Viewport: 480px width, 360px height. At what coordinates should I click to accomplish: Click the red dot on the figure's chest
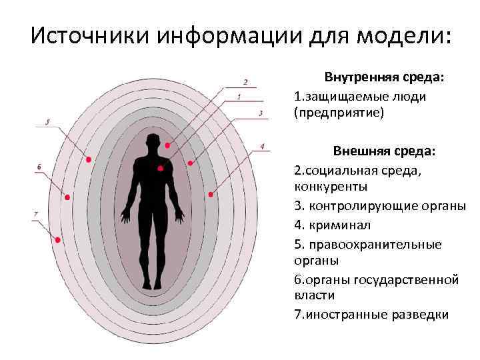[160, 168]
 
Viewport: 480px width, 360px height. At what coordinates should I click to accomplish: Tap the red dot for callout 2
[167, 145]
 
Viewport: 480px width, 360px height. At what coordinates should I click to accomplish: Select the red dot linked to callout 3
[190, 163]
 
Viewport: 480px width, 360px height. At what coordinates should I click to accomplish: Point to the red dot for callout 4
[211, 195]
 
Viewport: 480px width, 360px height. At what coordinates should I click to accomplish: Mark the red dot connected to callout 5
[88, 159]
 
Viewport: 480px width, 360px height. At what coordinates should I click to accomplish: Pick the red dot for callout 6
[67, 197]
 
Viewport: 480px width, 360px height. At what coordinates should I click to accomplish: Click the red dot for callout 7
[57, 239]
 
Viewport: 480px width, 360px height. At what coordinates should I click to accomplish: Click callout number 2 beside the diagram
[245, 83]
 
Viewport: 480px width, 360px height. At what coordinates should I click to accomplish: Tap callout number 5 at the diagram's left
[47, 123]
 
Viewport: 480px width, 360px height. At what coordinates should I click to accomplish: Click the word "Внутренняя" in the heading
[360, 77]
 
